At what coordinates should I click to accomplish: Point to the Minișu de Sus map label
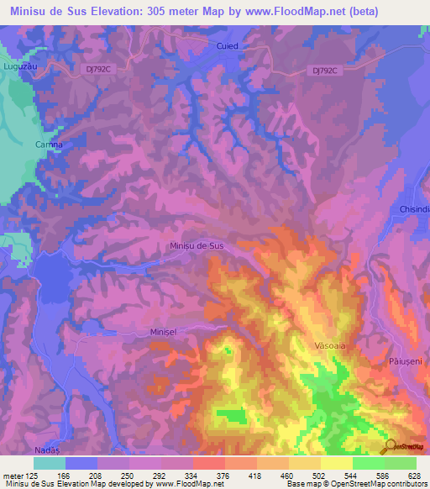tap(197, 245)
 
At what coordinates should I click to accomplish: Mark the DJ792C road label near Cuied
tap(322, 71)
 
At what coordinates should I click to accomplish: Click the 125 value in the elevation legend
tap(34, 475)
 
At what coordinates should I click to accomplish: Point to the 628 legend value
tap(416, 475)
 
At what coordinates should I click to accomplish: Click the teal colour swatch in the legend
tap(50, 463)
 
